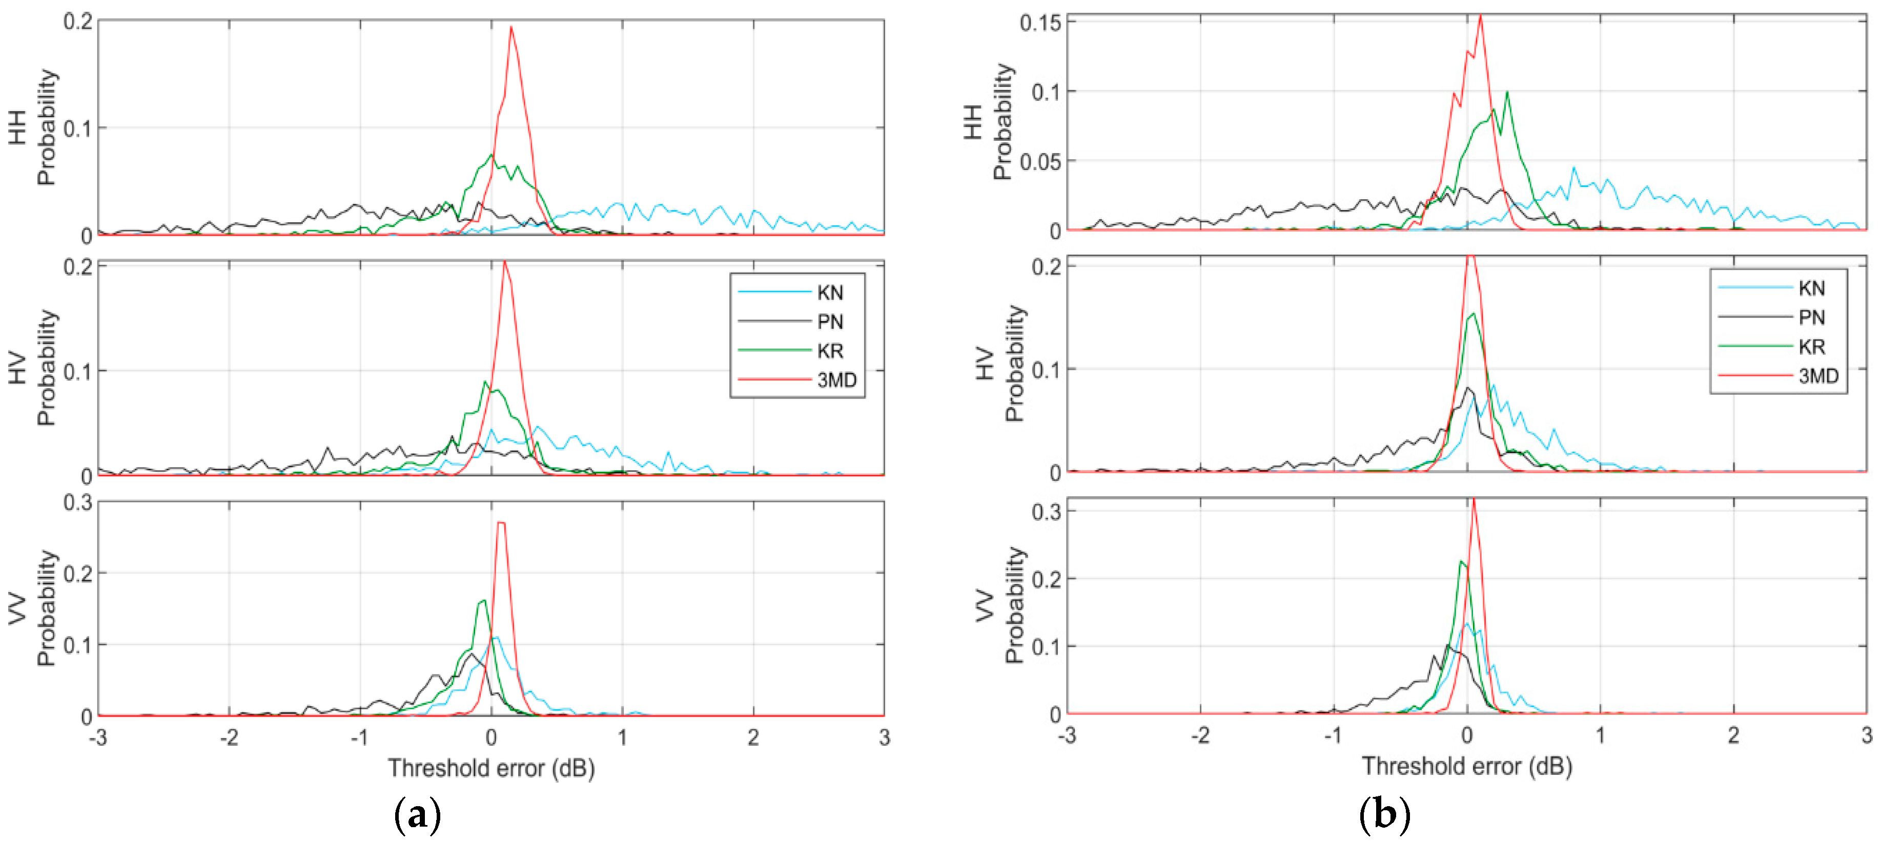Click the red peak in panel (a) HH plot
point(511,28)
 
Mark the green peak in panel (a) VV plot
point(483,600)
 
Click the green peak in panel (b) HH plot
point(1507,93)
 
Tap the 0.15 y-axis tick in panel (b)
point(1040,23)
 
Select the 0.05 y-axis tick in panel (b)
point(1040,161)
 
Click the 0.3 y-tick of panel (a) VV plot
point(77,503)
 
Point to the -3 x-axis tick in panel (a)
point(98,738)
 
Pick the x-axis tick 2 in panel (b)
point(1733,735)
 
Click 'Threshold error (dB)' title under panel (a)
point(490,768)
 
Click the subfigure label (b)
point(1384,813)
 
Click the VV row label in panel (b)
point(985,605)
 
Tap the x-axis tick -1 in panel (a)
point(359,738)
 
